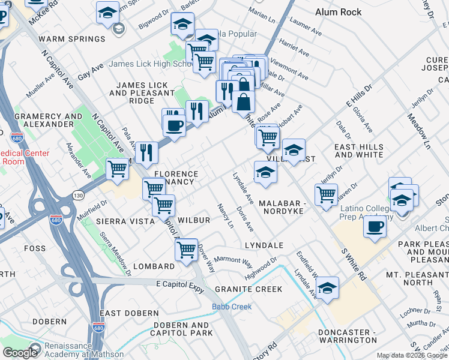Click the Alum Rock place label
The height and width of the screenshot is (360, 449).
339,12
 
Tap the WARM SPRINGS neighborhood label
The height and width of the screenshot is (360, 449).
72,39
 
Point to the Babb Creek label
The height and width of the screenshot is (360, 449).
231,307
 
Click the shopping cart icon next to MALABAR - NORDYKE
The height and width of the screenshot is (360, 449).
326,195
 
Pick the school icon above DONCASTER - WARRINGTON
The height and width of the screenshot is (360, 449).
327,288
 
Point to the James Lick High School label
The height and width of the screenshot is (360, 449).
150,64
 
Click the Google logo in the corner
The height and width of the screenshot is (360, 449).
19,353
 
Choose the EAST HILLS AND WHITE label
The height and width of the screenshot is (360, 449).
358,151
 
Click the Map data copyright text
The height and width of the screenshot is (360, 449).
412,356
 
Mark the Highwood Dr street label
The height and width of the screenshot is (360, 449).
261,268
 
